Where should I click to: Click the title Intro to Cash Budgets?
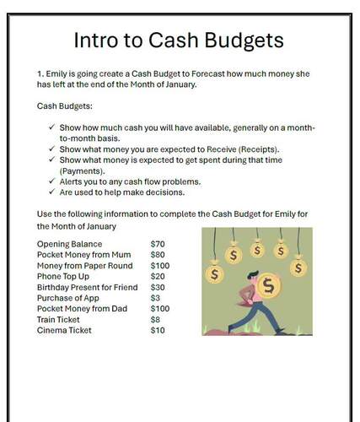(x=179, y=40)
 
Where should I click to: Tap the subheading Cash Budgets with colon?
(x=64, y=105)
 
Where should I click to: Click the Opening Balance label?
(x=69, y=245)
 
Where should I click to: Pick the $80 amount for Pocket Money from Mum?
(x=158, y=255)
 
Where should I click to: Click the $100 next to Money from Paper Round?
(x=160, y=266)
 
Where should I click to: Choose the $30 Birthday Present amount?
(x=158, y=288)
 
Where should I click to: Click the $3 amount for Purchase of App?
(x=155, y=298)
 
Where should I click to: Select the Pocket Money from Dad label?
(x=82, y=309)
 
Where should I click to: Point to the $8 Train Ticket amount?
(x=155, y=320)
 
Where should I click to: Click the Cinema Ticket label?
(x=64, y=330)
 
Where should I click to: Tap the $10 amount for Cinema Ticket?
(x=158, y=330)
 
